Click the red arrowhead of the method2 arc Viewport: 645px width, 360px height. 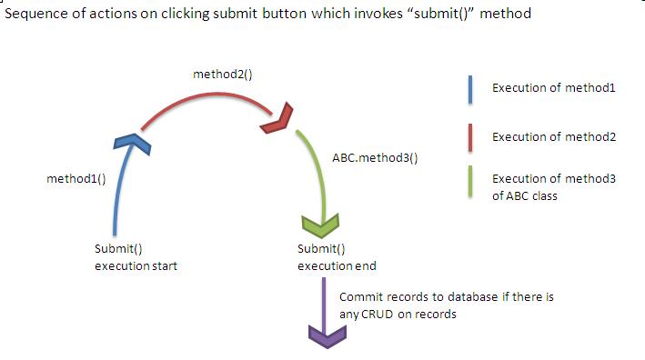pyautogui.click(x=278, y=118)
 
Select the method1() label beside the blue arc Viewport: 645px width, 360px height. pyautogui.click(x=76, y=179)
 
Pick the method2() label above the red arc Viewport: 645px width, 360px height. pyautogui.click(x=222, y=72)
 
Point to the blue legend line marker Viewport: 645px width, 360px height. pyautogui.click(x=468, y=88)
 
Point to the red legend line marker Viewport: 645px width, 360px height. pyautogui.click(x=468, y=138)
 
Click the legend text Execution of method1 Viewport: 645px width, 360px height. pyautogui.click(x=554, y=88)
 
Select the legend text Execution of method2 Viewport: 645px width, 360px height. pyautogui.click(x=554, y=137)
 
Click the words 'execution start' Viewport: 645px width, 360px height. pyautogui.click(x=136, y=265)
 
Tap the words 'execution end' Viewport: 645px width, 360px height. pyautogui.click(x=337, y=265)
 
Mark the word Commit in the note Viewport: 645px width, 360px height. pyautogui.click(x=358, y=297)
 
